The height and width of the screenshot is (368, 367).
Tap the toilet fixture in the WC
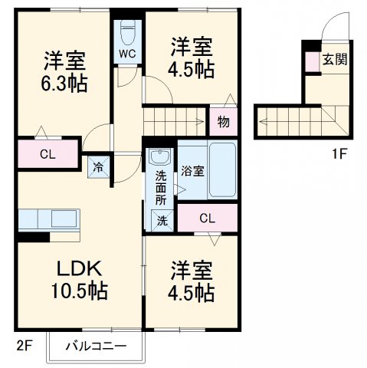pos(127,33)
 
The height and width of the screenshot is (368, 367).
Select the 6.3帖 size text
pos(64,82)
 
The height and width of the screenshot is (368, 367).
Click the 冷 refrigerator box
pos(99,166)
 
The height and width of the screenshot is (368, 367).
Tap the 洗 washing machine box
pos(162,219)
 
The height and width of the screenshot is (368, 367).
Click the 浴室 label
pos(192,171)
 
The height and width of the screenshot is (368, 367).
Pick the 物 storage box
pos(223,121)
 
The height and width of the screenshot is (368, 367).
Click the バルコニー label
pos(95,345)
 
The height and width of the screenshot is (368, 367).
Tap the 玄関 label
pos(332,59)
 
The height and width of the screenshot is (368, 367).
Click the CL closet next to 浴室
pos(207,219)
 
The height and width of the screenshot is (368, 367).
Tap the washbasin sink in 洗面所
pos(160,159)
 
